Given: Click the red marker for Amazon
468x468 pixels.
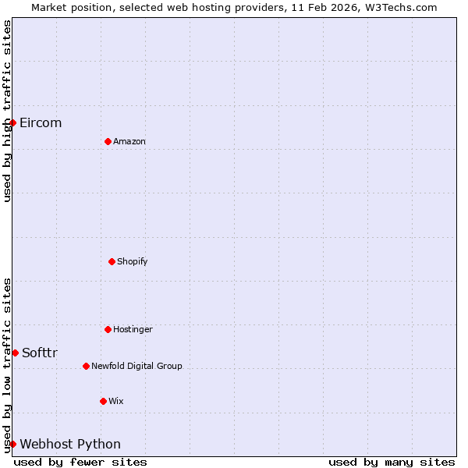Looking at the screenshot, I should (108, 141).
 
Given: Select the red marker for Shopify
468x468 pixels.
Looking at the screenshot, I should (112, 261).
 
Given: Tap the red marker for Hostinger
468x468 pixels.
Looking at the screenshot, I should (108, 329).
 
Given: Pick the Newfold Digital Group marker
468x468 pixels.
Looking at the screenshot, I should (86, 366).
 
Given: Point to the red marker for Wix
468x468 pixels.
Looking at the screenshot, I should (103, 401).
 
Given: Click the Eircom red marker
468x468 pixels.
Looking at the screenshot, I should (12, 122).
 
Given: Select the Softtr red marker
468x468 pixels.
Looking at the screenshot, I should (15, 353).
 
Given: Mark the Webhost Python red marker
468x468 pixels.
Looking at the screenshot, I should (12, 444).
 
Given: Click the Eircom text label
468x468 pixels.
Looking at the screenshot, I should (41, 122).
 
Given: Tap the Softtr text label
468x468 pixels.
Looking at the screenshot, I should (40, 353).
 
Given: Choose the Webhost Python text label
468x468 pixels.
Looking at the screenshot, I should (70, 444).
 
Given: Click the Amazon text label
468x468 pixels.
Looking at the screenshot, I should (129, 141).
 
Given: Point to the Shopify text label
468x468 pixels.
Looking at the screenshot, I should (133, 261).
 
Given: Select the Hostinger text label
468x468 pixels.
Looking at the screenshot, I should (133, 329).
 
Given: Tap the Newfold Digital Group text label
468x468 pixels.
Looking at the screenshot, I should (136, 366).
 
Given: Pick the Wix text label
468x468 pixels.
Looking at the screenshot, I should (116, 401).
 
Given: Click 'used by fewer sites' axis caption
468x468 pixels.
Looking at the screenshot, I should (80, 462).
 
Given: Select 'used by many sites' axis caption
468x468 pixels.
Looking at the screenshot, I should (392, 462).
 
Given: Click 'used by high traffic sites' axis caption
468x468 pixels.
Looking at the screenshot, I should (7, 111).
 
